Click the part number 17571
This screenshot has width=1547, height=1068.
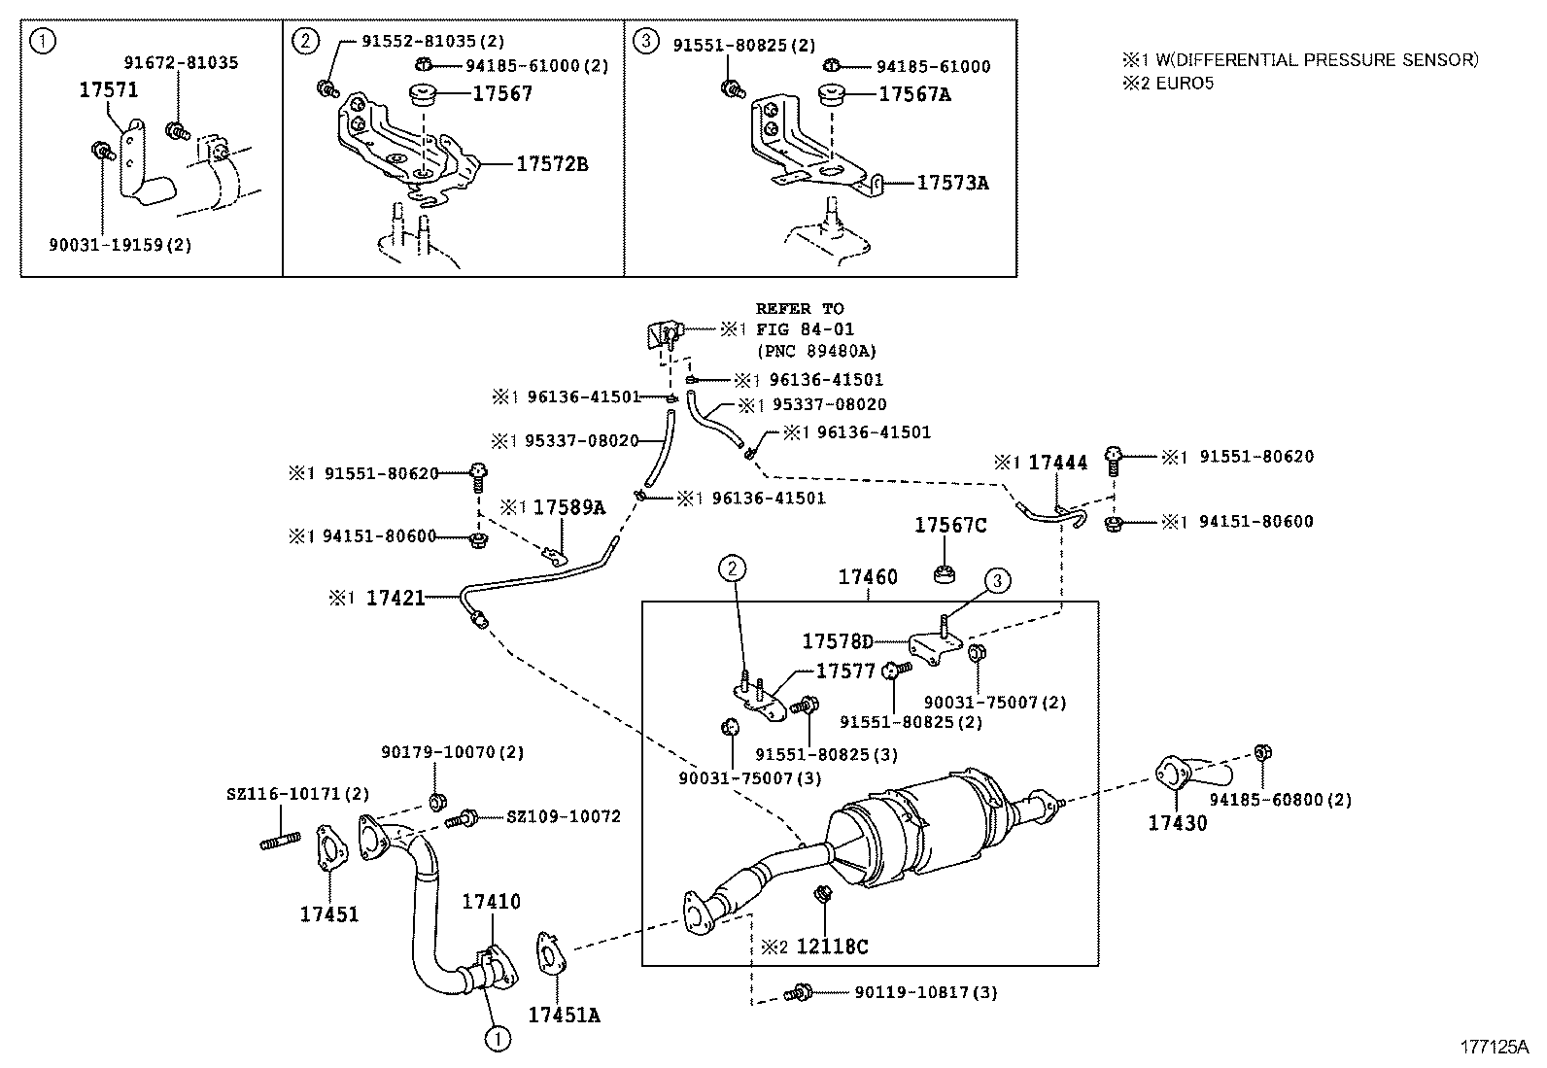[x=108, y=90]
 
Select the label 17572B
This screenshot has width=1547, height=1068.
[x=551, y=164]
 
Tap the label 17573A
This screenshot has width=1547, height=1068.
[x=952, y=183]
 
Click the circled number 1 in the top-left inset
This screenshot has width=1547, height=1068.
[x=41, y=41]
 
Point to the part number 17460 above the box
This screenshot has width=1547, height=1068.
[x=868, y=577]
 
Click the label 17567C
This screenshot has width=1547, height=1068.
[x=949, y=526]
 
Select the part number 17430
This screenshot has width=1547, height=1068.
[x=1177, y=823]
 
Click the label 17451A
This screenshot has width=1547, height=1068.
[x=564, y=1016]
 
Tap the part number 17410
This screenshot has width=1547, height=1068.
[x=491, y=902]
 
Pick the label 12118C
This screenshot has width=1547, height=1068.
[x=832, y=947]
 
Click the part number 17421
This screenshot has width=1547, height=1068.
[x=395, y=599]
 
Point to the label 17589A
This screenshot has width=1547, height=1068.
[x=568, y=507]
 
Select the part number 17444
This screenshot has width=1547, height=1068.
[x=1057, y=463]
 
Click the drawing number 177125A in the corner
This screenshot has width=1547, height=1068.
[x=1495, y=1048]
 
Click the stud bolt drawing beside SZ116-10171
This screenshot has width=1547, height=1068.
[x=280, y=841]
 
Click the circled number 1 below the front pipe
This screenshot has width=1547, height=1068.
[x=498, y=1039]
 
